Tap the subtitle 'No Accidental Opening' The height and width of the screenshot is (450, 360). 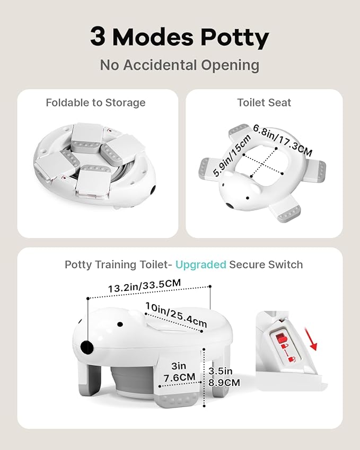[180, 65]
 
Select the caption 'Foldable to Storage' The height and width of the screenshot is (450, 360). [95, 102]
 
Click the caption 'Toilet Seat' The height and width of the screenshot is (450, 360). [264, 102]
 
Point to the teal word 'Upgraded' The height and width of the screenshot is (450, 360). [200, 264]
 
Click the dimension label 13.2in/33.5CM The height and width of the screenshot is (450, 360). [144, 286]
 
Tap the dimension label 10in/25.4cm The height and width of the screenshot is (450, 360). [176, 314]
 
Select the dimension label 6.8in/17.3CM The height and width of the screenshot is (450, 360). [283, 140]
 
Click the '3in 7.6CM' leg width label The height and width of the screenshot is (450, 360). [179, 372]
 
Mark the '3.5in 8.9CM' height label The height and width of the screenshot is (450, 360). [224, 376]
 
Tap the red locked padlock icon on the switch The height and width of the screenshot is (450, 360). [280, 338]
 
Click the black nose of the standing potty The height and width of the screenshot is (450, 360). [87, 347]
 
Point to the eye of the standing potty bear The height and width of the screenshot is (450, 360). [120, 324]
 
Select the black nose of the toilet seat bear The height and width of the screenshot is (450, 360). [229, 206]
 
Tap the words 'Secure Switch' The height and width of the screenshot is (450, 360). [266, 264]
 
